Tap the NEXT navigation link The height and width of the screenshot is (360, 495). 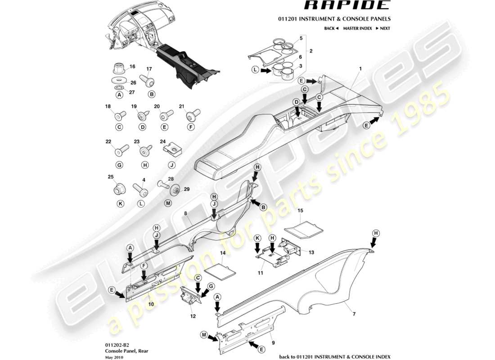382,28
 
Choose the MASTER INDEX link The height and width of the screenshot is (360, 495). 357,28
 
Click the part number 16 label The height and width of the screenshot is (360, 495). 132,66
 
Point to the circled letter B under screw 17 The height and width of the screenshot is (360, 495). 152,94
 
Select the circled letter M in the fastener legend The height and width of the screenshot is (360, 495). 168,203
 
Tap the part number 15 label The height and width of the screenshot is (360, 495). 301,210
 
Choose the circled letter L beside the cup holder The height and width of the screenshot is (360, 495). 255,70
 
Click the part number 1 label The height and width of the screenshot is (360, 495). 360,68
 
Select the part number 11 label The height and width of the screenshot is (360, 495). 260,273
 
